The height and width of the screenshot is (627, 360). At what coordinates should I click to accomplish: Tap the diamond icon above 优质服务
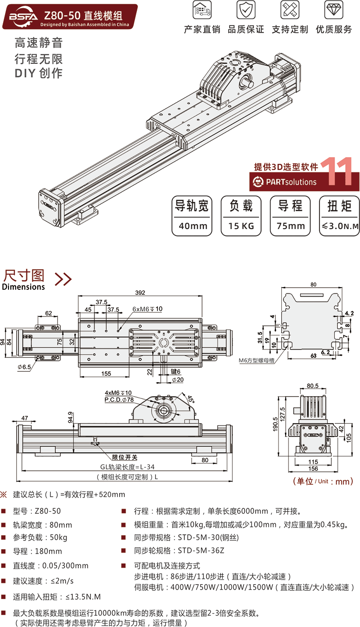(x=333, y=9)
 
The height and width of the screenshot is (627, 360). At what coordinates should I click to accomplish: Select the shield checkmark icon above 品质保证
(x=245, y=9)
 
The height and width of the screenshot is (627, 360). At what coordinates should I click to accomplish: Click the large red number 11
(x=337, y=171)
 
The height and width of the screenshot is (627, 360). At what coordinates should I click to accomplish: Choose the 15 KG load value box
(x=241, y=226)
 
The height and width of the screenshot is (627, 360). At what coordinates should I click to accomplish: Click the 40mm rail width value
(x=193, y=226)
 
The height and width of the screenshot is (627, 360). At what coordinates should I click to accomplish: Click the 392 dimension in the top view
(x=140, y=293)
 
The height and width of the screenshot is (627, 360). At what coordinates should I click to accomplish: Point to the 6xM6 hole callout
(x=147, y=309)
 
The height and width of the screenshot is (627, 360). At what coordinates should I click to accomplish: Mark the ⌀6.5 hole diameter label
(x=24, y=367)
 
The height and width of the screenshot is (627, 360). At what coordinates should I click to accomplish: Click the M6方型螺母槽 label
(x=258, y=360)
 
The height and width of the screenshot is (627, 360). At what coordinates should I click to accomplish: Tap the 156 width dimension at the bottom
(x=313, y=469)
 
